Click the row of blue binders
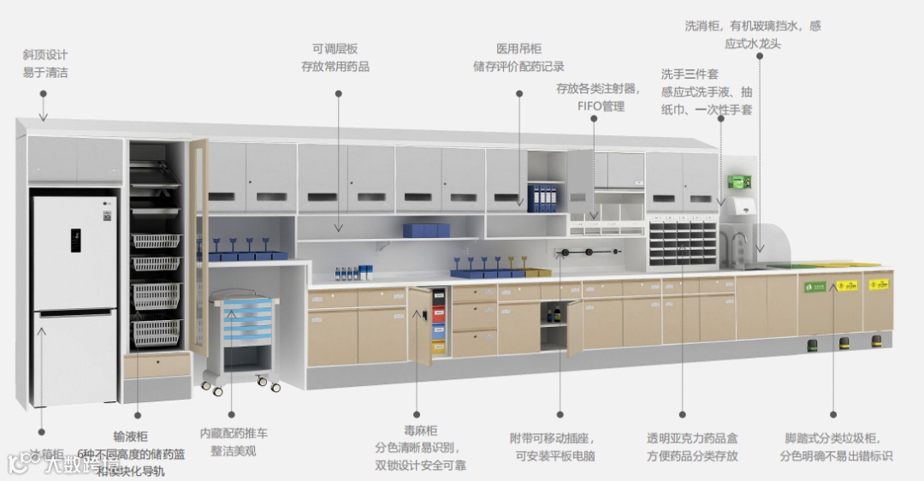coord(542,198)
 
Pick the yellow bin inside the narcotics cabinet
coord(439,347)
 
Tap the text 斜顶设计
coord(45,55)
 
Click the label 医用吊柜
coord(518,49)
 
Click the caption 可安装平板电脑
coord(554,456)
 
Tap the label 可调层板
coord(335,49)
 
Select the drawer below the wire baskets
coord(157,365)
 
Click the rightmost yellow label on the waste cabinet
coord(877,284)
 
